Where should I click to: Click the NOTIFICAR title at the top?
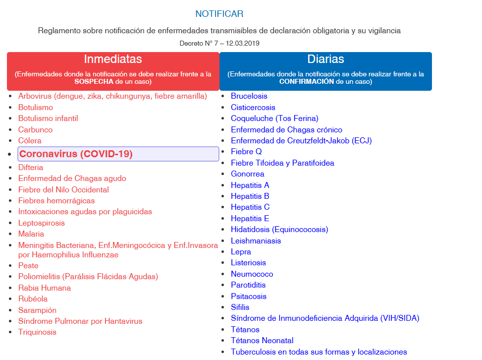point(219,14)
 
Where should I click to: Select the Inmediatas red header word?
point(113,60)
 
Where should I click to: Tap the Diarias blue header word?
point(325,60)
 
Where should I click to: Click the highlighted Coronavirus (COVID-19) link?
point(76,154)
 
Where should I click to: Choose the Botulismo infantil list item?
point(48,119)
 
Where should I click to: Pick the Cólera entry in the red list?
point(30,141)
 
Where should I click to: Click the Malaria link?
point(31,234)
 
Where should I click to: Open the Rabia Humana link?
point(45,288)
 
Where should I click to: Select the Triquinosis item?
point(37,332)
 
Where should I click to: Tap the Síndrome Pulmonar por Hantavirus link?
point(80,321)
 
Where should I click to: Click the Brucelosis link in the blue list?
point(249,96)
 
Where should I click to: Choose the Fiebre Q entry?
point(246,152)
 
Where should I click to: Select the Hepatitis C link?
point(250,207)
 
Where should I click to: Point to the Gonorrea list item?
point(247,174)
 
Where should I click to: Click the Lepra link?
point(241,252)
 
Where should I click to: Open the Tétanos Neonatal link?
point(262,341)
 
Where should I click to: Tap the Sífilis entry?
point(240,307)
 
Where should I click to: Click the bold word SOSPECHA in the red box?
point(94,81)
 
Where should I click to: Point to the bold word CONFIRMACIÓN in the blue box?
point(307,81)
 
